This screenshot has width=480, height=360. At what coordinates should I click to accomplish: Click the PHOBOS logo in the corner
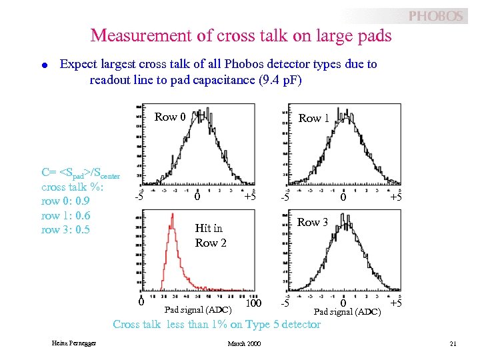point(435,15)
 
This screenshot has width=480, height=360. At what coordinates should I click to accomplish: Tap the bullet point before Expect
point(43,65)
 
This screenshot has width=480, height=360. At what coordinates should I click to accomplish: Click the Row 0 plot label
point(170,117)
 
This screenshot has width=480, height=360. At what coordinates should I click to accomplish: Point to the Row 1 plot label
point(313,118)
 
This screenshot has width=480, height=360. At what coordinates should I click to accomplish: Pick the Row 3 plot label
point(313,223)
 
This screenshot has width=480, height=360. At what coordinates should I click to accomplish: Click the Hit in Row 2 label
point(210,235)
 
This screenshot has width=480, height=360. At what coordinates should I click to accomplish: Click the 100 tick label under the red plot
point(253,304)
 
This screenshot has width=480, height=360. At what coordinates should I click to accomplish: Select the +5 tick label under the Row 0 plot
point(250,197)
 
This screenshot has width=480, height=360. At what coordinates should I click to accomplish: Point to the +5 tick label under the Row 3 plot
point(396,304)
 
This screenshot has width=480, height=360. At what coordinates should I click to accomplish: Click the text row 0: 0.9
point(65,201)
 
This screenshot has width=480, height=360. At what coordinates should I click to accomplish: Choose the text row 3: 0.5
point(65,229)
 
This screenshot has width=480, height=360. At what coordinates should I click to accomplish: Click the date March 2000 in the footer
point(245,343)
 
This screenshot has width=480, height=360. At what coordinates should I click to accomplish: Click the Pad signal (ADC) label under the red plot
point(198,309)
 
